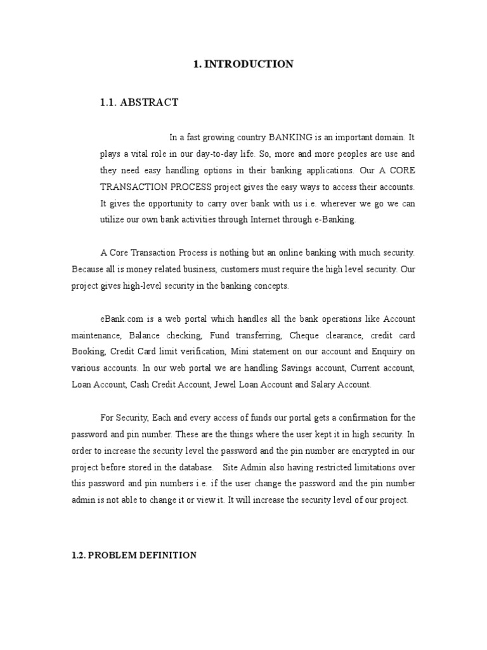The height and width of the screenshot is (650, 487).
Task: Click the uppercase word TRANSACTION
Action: click(x=133, y=187)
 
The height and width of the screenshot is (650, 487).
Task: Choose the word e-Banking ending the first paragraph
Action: click(x=335, y=220)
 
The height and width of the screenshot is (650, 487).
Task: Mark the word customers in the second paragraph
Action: click(x=237, y=269)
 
